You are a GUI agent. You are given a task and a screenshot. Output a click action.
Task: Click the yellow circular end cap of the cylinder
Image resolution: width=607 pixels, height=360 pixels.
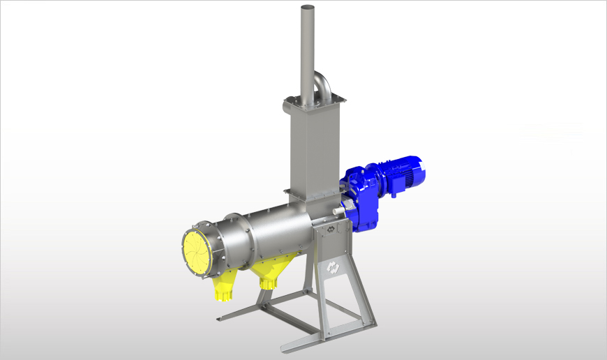pyautogui.click(x=197, y=250)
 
